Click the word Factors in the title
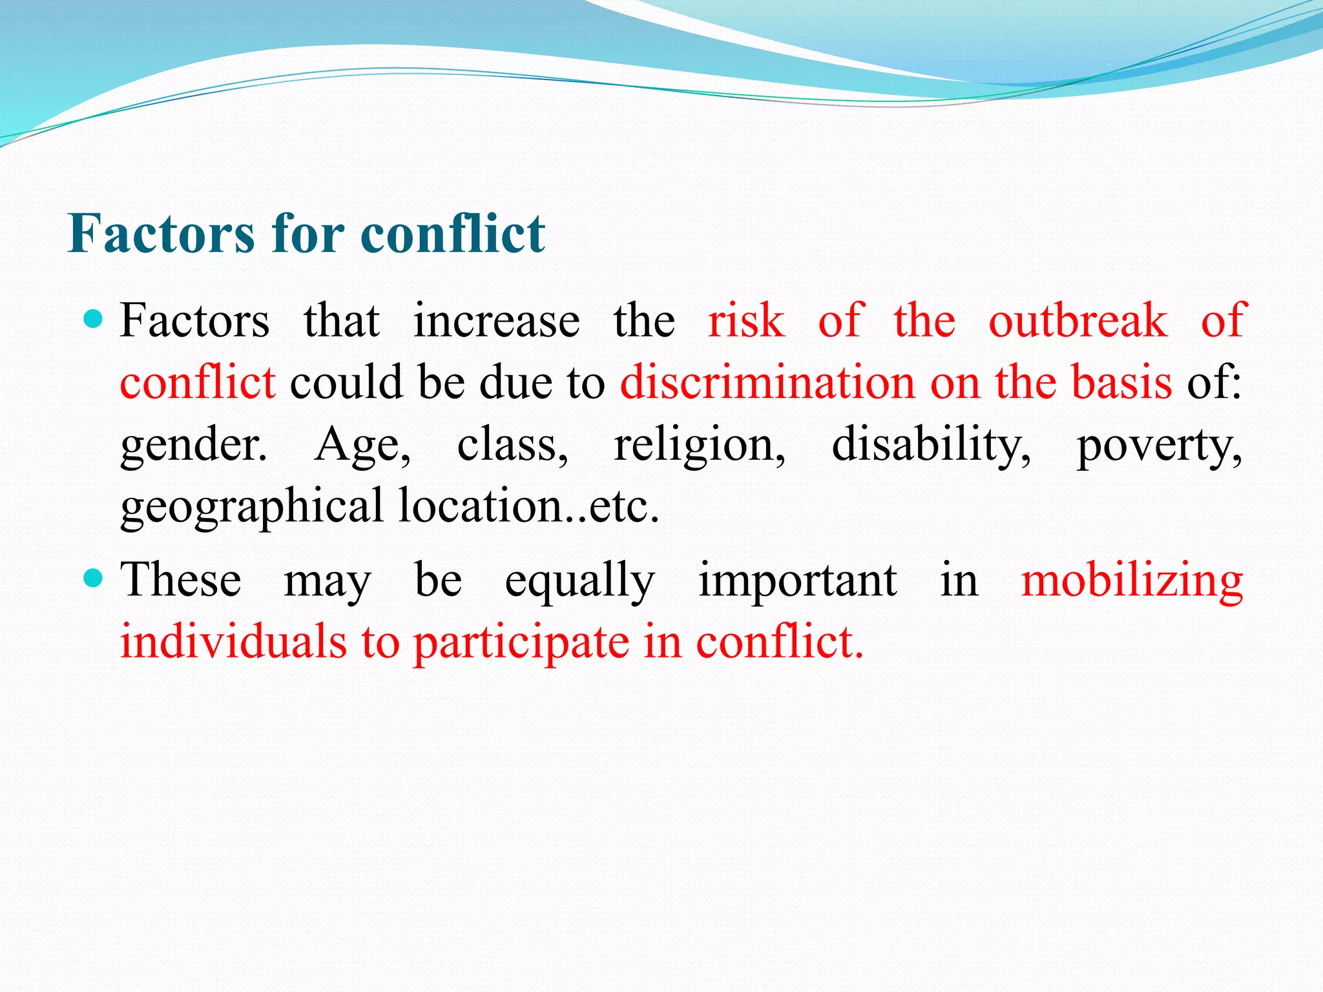[161, 234]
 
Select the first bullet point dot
[94, 319]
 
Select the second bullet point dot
[94, 578]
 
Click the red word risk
[746, 321]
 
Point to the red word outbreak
[1078, 321]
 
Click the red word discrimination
[767, 382]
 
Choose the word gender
[193, 446]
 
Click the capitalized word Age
[362, 446]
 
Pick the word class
[512, 446]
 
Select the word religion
[699, 446]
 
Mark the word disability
[931, 446]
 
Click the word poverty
[1159, 446]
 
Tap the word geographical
[252, 507]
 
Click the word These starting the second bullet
[181, 579]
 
